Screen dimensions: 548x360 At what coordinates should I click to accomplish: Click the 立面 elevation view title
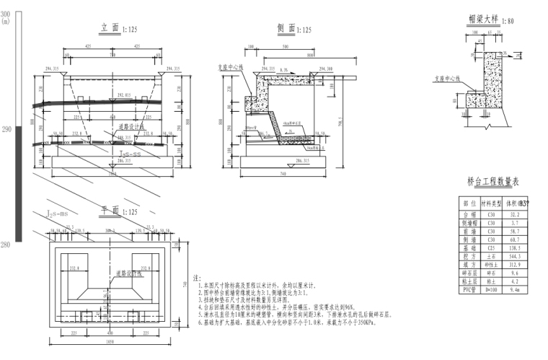pos(110,29)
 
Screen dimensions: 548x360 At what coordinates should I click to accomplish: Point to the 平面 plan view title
pos(110,211)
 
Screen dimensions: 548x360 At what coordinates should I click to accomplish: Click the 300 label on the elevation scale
pos(6,14)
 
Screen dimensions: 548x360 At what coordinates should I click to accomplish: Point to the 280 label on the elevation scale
pos(6,245)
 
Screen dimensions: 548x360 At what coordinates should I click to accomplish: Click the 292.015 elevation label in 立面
pos(123,95)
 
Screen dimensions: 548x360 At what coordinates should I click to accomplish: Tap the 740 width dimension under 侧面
pos(286,175)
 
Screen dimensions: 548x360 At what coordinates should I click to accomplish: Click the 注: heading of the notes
pos(197,277)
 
